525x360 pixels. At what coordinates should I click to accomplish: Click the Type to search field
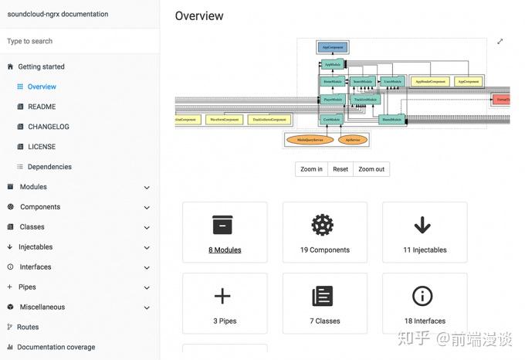[x=77, y=41]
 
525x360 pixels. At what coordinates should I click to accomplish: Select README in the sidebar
[x=42, y=107]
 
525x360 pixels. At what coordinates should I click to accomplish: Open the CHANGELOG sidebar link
[x=49, y=127]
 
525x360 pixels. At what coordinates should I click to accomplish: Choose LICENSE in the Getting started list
[x=42, y=147]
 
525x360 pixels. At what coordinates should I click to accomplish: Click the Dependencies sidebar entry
[x=49, y=167]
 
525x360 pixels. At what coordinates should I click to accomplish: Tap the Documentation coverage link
[x=56, y=347]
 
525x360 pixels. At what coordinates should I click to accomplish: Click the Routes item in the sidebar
[x=28, y=327]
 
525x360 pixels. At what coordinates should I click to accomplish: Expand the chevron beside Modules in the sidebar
[x=147, y=187]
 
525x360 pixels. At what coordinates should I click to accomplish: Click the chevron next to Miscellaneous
[x=147, y=307]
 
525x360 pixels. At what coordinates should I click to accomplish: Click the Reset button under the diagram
[x=340, y=169]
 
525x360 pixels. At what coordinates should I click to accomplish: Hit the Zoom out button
[x=371, y=169]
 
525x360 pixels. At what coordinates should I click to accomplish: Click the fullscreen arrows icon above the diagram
[x=500, y=42]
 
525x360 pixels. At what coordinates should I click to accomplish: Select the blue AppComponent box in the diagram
[x=332, y=48]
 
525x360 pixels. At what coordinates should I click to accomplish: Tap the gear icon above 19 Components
[x=322, y=225]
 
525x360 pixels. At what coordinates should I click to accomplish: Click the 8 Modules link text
[x=225, y=250]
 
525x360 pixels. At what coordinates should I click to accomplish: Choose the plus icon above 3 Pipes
[x=222, y=296]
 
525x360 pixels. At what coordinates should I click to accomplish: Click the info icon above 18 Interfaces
[x=422, y=296]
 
